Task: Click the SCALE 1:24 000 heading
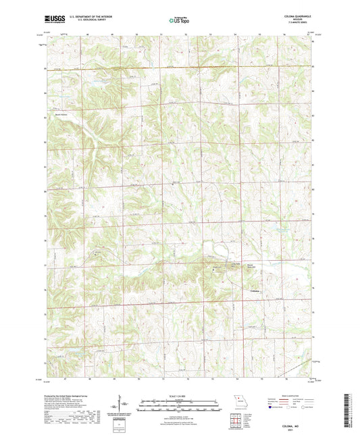179,396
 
